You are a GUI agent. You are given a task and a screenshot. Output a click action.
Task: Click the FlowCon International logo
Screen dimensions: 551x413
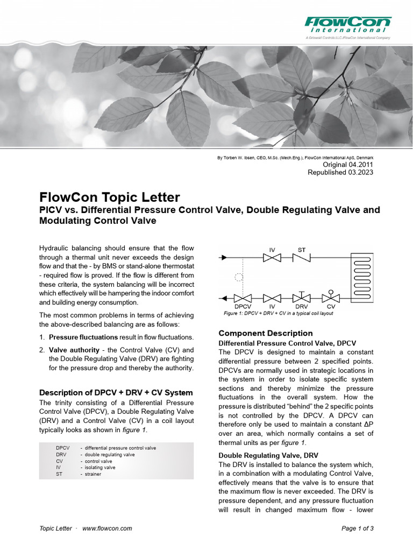click(x=348, y=26)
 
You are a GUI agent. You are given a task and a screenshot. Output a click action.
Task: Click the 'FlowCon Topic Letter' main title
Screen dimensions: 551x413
click(x=110, y=197)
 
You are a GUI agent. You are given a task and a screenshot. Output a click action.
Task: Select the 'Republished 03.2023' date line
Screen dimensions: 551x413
click(x=340, y=172)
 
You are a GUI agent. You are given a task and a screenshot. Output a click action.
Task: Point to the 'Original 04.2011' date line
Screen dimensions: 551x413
click(x=347, y=164)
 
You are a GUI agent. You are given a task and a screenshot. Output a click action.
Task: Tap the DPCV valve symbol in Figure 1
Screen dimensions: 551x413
click(x=243, y=298)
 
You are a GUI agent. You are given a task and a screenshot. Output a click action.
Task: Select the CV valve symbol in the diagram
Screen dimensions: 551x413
click(x=331, y=298)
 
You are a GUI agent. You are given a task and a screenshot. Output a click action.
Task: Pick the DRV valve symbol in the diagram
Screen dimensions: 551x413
click(x=302, y=298)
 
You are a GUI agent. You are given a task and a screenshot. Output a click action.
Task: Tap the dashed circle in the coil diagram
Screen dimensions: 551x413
click(x=239, y=278)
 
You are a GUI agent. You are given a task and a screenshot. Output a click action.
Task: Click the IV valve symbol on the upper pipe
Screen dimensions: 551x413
click(x=272, y=258)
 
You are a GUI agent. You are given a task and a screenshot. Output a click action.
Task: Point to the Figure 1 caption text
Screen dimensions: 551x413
click(x=278, y=313)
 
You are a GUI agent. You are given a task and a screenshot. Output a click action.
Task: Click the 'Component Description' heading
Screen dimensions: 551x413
click(x=265, y=333)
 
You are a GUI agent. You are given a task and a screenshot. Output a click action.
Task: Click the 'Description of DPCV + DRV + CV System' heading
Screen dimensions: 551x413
click(x=116, y=392)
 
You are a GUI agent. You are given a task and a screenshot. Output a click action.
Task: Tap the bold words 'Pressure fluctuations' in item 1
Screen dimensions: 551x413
click(x=83, y=337)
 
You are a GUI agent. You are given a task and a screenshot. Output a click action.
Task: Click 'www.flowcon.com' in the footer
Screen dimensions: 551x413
click(x=107, y=528)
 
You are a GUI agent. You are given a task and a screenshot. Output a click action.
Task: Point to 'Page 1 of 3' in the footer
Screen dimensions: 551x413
click(x=357, y=528)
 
